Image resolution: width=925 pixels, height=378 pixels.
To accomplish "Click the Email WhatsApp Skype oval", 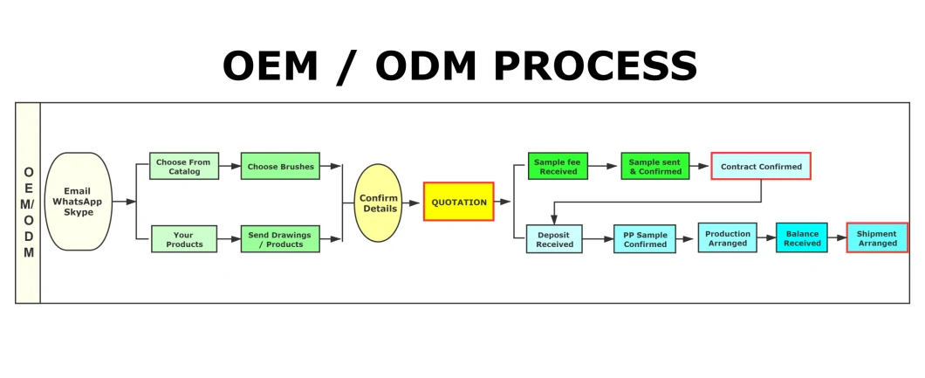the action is click(x=79, y=202).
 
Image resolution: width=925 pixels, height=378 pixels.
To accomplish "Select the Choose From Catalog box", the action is click(x=184, y=166).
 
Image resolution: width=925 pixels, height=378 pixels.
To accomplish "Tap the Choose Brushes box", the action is click(x=280, y=166).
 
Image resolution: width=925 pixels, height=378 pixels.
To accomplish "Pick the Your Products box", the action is click(x=184, y=239).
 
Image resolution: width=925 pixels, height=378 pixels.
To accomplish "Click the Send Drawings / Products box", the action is click(x=280, y=239).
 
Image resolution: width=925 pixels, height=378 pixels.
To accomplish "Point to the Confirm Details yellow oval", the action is click(x=378, y=203).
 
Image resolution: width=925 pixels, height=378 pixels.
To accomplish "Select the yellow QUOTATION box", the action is click(x=459, y=202).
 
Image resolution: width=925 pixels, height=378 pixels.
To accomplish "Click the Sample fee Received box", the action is click(x=558, y=166).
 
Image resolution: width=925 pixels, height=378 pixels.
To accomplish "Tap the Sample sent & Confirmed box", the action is click(x=654, y=166).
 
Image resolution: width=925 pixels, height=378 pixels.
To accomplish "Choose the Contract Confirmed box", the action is click(x=761, y=166).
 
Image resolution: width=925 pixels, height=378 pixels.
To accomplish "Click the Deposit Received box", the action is click(x=554, y=239).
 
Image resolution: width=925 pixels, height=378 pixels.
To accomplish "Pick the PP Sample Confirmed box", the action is click(x=645, y=239).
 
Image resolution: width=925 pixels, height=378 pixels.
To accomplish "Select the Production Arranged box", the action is click(x=728, y=237).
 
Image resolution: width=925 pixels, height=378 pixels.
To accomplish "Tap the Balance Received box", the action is click(x=802, y=237).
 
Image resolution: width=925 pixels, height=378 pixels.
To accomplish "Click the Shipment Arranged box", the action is click(x=877, y=237).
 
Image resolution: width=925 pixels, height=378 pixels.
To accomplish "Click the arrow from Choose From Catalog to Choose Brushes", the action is click(x=230, y=166).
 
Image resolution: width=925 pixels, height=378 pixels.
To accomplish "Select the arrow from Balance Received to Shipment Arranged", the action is click(x=837, y=237).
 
